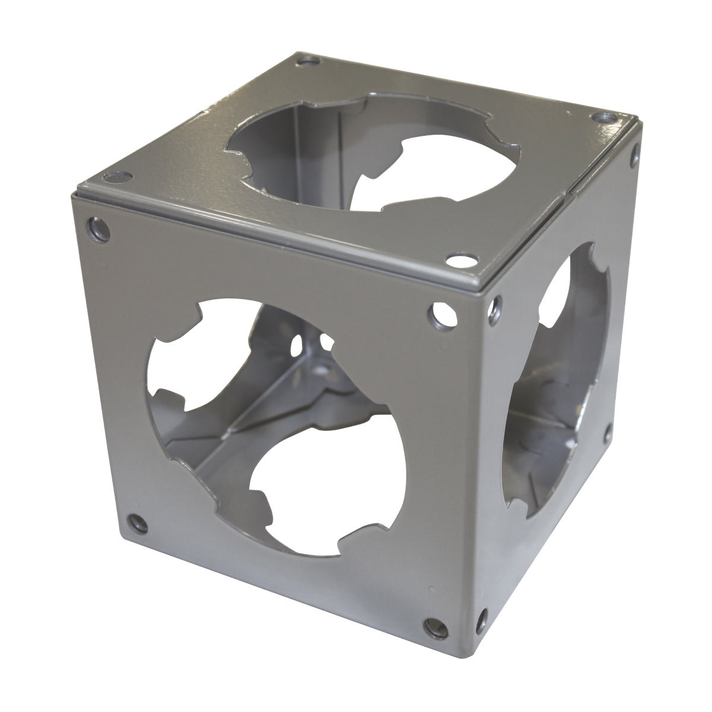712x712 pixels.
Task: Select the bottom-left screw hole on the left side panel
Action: (139, 522)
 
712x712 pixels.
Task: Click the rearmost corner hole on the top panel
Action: (307, 60)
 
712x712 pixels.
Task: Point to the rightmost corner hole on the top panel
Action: (605, 118)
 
